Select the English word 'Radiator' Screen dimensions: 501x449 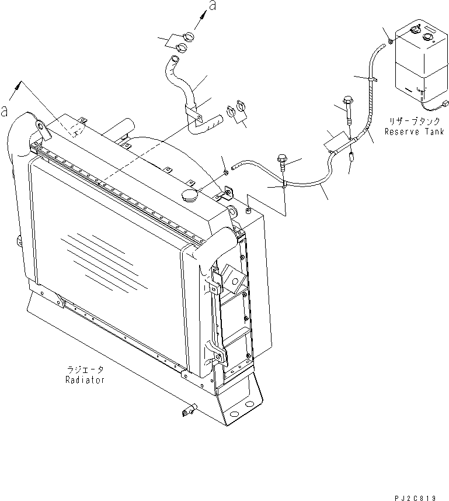[x=85, y=380]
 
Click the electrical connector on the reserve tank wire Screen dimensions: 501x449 [x=446, y=105]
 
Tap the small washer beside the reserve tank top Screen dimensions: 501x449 [x=389, y=40]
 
